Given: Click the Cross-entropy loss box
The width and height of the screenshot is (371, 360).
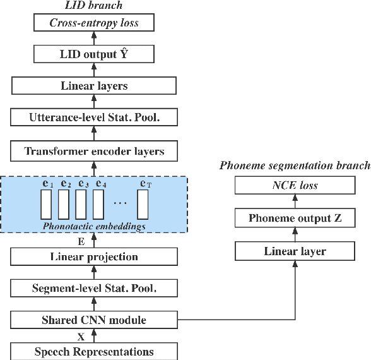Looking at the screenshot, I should [x=94, y=23].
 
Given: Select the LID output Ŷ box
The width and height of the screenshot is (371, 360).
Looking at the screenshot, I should [x=94, y=54].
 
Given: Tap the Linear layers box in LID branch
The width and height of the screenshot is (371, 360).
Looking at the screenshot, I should [x=94, y=85].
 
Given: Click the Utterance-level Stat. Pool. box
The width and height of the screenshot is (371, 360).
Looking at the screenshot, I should [x=94, y=117].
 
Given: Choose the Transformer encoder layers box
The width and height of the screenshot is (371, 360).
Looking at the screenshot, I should [x=94, y=151].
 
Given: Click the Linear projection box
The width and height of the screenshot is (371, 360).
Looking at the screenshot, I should [x=94, y=256].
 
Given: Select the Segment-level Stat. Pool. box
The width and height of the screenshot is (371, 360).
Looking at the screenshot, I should [x=94, y=289].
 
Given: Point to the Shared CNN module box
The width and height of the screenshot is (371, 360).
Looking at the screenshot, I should [x=94, y=320].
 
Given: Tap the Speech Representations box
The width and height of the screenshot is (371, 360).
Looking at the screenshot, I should [x=94, y=351].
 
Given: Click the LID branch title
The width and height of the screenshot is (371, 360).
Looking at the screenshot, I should [x=94, y=6].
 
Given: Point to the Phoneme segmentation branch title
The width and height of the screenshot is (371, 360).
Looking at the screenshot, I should [x=295, y=166].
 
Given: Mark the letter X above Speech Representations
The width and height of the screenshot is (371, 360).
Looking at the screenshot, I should [x=81, y=336].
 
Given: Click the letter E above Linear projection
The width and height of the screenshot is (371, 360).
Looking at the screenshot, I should [x=81, y=241].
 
